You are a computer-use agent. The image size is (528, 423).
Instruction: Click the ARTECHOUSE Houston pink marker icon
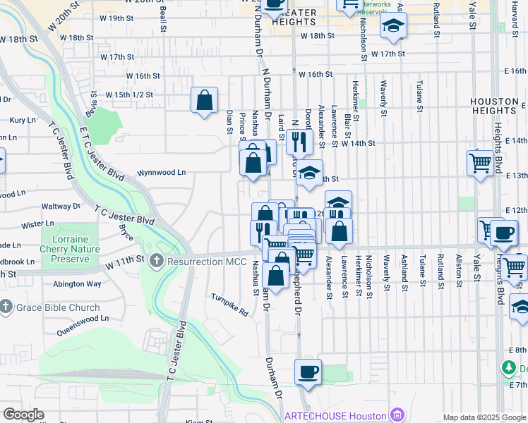[397, 415]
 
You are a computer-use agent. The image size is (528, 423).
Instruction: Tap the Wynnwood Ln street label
[161, 172]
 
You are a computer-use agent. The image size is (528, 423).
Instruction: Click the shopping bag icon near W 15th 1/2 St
[204, 100]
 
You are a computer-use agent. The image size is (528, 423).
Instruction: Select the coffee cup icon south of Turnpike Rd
[307, 372]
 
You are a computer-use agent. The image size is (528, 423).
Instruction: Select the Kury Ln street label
[23, 121]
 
